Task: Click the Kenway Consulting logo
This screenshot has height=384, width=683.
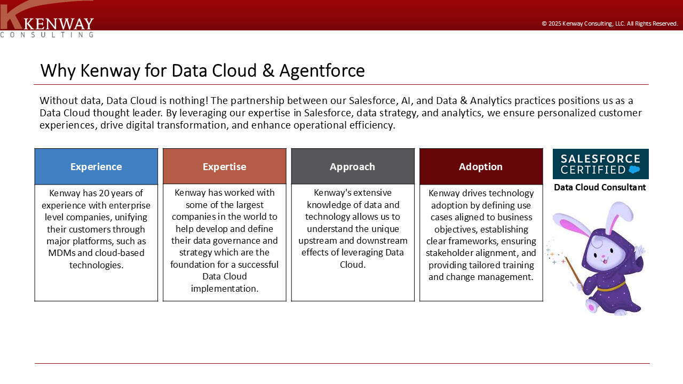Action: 47,19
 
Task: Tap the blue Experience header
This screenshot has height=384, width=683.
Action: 96,166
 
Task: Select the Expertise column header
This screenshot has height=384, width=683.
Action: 225,166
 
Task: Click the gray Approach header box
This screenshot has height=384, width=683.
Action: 353,166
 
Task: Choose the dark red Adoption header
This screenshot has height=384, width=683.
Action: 481,166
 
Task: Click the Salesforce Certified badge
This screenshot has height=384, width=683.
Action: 601,164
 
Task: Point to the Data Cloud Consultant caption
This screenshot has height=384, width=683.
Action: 600,187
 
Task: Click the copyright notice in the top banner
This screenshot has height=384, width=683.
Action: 609,23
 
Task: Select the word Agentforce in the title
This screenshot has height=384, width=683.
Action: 322,71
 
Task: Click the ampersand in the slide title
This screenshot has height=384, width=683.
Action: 268,71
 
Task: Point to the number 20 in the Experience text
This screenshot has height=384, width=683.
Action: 104,193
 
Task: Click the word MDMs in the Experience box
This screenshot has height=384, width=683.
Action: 61,253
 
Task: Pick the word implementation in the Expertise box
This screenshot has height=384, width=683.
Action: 225,289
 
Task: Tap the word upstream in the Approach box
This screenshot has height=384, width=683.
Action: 317,241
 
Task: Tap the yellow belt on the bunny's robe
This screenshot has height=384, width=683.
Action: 611,287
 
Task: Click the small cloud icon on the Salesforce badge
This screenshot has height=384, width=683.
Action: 634,170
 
